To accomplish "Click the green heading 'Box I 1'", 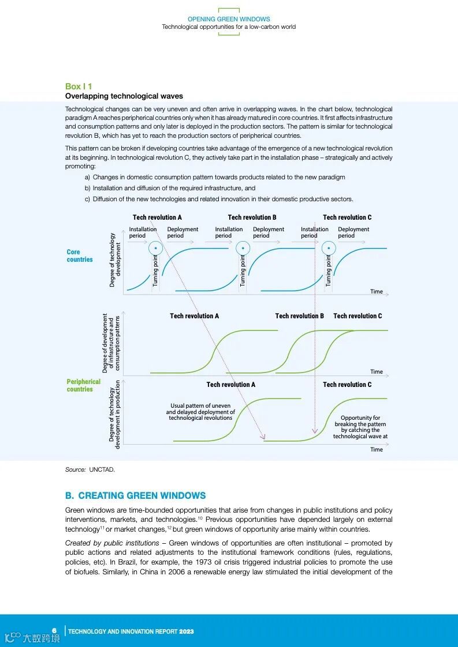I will (79, 86).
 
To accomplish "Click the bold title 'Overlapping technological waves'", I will (124, 96).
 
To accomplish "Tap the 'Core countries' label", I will (79, 255).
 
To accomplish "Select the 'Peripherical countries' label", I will (83, 385).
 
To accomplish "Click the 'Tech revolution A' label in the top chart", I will (157, 217).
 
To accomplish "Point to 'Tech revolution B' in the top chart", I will (252, 217).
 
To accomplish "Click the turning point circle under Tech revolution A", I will (155, 249).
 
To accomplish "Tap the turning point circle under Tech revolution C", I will (329, 249).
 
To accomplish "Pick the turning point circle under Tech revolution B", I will (243, 249).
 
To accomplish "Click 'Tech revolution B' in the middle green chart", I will (299, 316).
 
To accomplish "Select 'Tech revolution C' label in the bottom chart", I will (347, 385).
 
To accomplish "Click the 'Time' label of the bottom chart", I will (377, 449).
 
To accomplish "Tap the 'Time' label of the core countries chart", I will (377, 291).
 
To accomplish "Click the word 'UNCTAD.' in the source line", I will (102, 469).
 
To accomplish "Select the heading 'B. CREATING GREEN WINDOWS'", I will (135, 495).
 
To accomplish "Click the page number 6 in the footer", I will (54, 630).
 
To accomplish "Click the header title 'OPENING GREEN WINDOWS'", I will (229, 19).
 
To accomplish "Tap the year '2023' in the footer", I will (186, 631).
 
